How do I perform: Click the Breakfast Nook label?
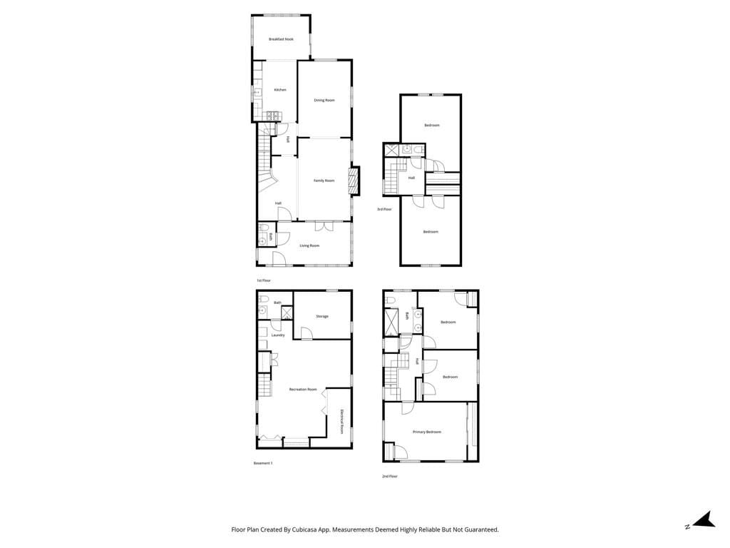click(x=281, y=39)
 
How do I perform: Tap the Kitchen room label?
click(x=280, y=90)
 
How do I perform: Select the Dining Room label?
click(x=324, y=101)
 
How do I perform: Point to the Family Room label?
click(x=324, y=181)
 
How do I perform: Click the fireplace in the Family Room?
click(x=353, y=181)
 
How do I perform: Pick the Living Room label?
click(x=309, y=245)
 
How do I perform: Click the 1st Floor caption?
click(x=264, y=280)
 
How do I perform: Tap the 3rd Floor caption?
click(x=384, y=209)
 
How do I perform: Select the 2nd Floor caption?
click(x=389, y=476)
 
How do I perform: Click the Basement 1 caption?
click(x=263, y=463)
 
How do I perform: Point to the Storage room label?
click(x=322, y=316)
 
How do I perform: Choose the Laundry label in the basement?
click(x=278, y=335)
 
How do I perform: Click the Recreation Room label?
click(x=303, y=390)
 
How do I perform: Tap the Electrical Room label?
click(x=342, y=422)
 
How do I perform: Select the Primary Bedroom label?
click(x=427, y=432)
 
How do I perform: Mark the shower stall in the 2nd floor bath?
click(x=391, y=322)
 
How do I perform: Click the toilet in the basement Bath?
click(x=262, y=299)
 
